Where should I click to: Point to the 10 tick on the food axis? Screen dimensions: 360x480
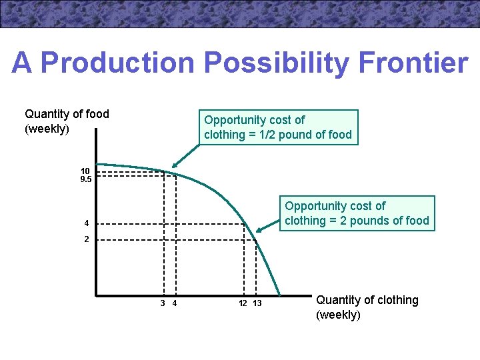pos(85,171)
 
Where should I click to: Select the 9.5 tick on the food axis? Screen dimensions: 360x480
pos(85,179)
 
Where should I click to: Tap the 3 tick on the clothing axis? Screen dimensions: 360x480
pos(163,304)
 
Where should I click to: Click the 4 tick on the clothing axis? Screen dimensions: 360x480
pos(174,304)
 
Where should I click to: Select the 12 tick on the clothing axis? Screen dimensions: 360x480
pos(243,304)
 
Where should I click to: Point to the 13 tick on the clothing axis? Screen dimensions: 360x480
pos(257,304)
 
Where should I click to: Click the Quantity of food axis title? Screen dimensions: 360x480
pos(67,121)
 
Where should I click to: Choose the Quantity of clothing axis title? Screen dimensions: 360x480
pos(367,307)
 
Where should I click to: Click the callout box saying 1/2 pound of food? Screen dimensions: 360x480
pos(278,127)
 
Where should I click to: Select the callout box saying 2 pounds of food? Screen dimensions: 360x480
pos(357,213)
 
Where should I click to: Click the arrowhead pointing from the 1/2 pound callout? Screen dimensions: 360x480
pos(173,167)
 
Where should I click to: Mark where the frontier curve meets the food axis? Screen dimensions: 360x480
pos(97,163)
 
